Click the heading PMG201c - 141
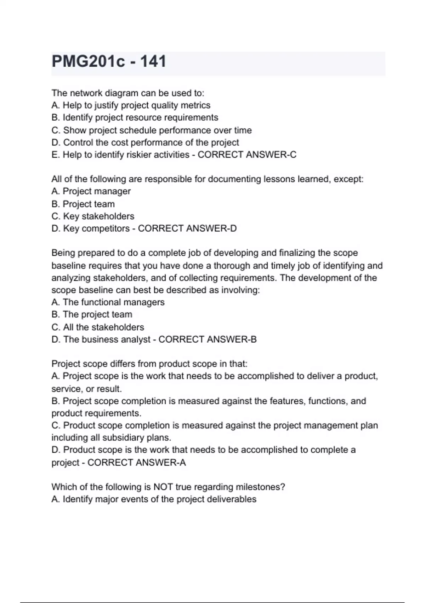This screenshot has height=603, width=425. (109, 61)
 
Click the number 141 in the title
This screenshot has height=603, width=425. (153, 61)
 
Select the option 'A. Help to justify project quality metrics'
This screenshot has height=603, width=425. (131, 105)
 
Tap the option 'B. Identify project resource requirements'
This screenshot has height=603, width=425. (135, 117)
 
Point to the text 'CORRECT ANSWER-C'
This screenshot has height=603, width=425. (247, 155)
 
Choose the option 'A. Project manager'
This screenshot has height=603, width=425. (91, 191)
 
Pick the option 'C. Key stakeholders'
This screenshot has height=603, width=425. (93, 216)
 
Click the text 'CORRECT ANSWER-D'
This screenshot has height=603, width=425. (187, 228)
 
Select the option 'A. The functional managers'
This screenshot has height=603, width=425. (108, 302)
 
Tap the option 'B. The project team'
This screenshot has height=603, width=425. (92, 314)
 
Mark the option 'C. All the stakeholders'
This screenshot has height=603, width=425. (98, 327)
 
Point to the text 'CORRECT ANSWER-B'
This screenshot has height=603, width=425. (207, 339)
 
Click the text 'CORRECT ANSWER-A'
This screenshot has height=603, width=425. (136, 463)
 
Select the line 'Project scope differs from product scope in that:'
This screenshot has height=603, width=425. (149, 364)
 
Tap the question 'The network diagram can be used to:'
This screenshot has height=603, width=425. (128, 93)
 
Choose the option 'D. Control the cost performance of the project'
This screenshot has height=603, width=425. (145, 142)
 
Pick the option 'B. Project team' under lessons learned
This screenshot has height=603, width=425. (83, 204)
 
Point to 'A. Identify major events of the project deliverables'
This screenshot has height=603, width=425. (154, 499)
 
